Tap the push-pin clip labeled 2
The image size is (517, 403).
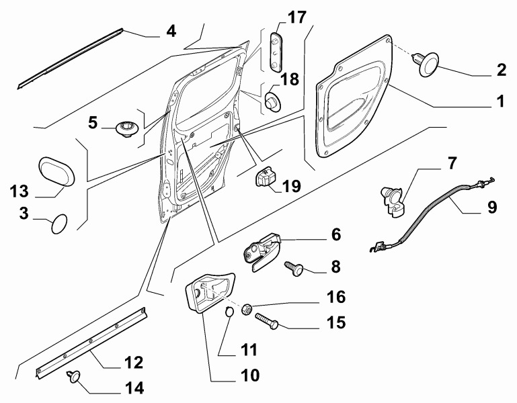426,65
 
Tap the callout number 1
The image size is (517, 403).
499,102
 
